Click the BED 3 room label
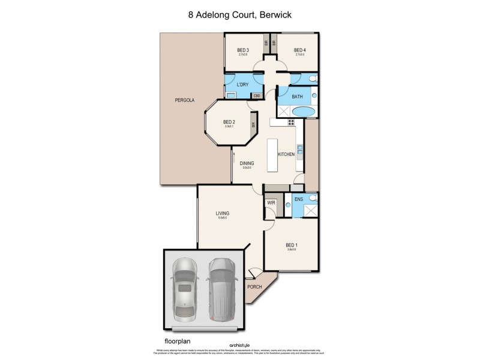click(x=242, y=50)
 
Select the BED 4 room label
click(x=299, y=50)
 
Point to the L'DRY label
click(x=242, y=85)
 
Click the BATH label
click(x=297, y=97)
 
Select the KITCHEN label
click(x=286, y=154)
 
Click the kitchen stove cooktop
click(x=292, y=122)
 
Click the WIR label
click(x=271, y=203)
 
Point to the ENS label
click(x=298, y=198)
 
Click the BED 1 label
click(x=291, y=245)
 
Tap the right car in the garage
click(x=221, y=289)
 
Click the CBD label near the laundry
click(x=256, y=95)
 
